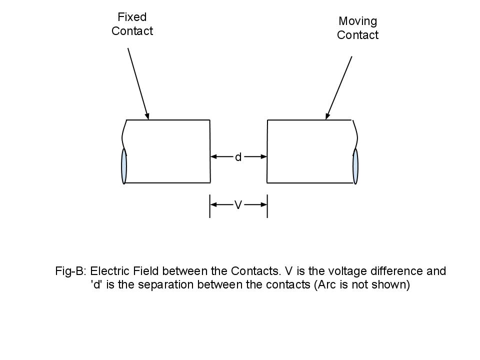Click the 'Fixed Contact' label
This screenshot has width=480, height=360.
coord(132,24)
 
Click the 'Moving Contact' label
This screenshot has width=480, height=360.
coord(357,28)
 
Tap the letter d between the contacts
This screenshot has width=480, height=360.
coord(238,157)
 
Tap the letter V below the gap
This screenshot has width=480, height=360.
coord(238,204)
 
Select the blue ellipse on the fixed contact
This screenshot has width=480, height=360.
coord(124,166)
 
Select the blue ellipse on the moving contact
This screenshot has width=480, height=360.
coord(355,166)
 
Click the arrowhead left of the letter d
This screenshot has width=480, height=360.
coord(213,156)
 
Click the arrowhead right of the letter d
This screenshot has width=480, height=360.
coord(263,156)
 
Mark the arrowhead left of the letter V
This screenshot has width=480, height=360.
coord(213,204)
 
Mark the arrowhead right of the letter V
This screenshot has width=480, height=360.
coord(263,204)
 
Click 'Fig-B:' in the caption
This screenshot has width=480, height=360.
coord(71,271)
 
